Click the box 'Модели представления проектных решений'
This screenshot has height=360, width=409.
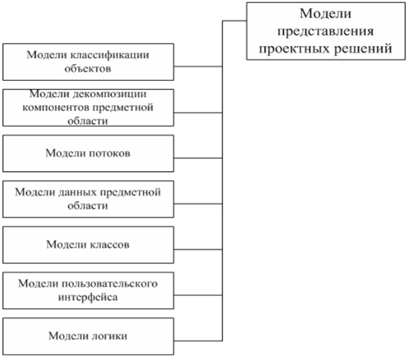click(326, 31)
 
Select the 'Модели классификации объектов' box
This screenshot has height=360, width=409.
click(88, 62)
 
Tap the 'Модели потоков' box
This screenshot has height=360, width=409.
click(88, 154)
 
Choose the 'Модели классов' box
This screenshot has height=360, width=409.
click(88, 245)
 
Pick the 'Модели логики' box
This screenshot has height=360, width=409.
click(88, 336)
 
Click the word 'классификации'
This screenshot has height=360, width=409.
click(110, 55)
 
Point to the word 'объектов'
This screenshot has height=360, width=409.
click(88, 69)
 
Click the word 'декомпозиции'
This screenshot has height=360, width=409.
click(109, 94)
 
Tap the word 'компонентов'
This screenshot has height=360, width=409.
click(56, 108)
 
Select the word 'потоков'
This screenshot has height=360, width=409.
click(109, 154)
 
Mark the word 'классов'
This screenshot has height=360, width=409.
click(109, 245)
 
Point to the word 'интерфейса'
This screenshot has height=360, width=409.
click(88, 297)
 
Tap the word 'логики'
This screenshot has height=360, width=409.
click(109, 336)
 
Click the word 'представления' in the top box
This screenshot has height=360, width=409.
click(325, 32)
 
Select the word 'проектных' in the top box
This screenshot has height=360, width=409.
click(294, 49)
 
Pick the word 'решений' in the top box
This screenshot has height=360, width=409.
click(363, 49)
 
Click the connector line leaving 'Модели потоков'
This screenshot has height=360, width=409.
click(198, 158)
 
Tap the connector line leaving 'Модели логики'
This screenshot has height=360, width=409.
click(198, 341)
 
